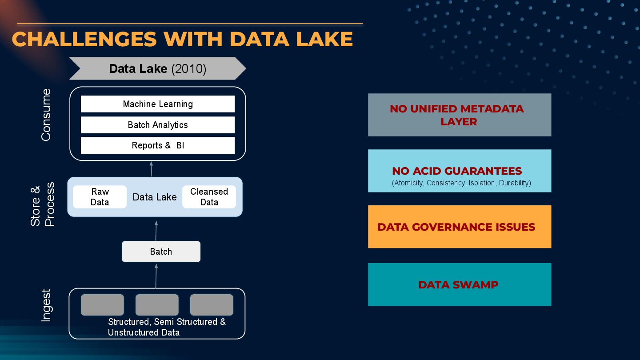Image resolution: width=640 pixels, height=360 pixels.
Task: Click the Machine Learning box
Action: tap(158, 104)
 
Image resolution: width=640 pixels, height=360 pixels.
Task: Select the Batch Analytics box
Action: tap(158, 125)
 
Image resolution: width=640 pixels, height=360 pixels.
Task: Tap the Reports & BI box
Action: tap(158, 145)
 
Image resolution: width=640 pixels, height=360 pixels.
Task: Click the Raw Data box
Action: tap(100, 197)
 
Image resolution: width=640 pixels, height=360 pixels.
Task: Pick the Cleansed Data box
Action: tap(209, 197)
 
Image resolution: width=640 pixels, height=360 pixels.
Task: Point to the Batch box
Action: tap(161, 252)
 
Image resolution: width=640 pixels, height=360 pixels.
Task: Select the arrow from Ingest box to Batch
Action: tap(156, 275)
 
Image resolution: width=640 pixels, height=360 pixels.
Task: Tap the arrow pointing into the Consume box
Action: tap(152, 169)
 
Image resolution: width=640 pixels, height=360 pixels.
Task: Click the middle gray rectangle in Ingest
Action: tap(157, 305)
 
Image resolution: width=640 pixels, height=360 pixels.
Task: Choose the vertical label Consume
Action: tap(46, 115)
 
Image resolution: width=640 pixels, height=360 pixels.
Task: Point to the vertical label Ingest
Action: tap(46, 305)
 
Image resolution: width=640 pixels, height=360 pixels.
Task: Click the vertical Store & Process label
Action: tap(43, 204)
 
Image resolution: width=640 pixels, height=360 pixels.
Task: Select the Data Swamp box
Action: tap(459, 284)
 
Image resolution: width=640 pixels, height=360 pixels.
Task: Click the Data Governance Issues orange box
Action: tap(459, 227)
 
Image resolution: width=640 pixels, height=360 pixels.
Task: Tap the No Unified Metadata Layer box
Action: tap(459, 115)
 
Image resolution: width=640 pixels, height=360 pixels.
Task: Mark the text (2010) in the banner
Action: tap(188, 69)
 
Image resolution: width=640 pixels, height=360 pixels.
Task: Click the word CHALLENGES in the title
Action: tap(84, 39)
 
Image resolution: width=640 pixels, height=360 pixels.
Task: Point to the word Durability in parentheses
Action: tap(515, 183)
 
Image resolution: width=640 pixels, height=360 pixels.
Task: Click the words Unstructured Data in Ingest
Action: tap(144, 332)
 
